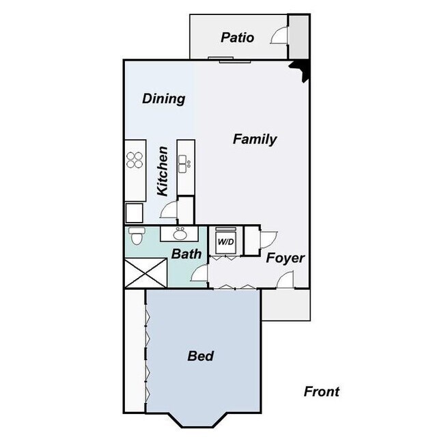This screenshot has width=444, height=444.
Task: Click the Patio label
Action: (238, 38)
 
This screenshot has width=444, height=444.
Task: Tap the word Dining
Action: (163, 98)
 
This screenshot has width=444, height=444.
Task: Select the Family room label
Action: (255, 139)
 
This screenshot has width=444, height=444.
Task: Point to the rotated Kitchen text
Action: (163, 171)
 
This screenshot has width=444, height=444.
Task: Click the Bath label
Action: (186, 254)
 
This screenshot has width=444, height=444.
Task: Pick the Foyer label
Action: (285, 258)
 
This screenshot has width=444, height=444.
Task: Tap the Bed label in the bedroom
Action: (201, 356)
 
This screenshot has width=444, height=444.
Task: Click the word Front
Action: (321, 391)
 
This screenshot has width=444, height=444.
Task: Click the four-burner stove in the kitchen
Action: (135, 159)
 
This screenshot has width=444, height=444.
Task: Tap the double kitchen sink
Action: (184, 164)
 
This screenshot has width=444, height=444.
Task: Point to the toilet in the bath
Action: (136, 236)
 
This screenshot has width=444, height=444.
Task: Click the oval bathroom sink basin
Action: (180, 235)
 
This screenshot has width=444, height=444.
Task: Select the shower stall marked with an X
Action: (145, 273)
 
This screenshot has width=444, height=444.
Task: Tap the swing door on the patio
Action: (280, 36)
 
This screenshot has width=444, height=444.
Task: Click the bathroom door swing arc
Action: (199, 275)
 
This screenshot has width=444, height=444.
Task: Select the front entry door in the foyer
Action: (286, 279)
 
